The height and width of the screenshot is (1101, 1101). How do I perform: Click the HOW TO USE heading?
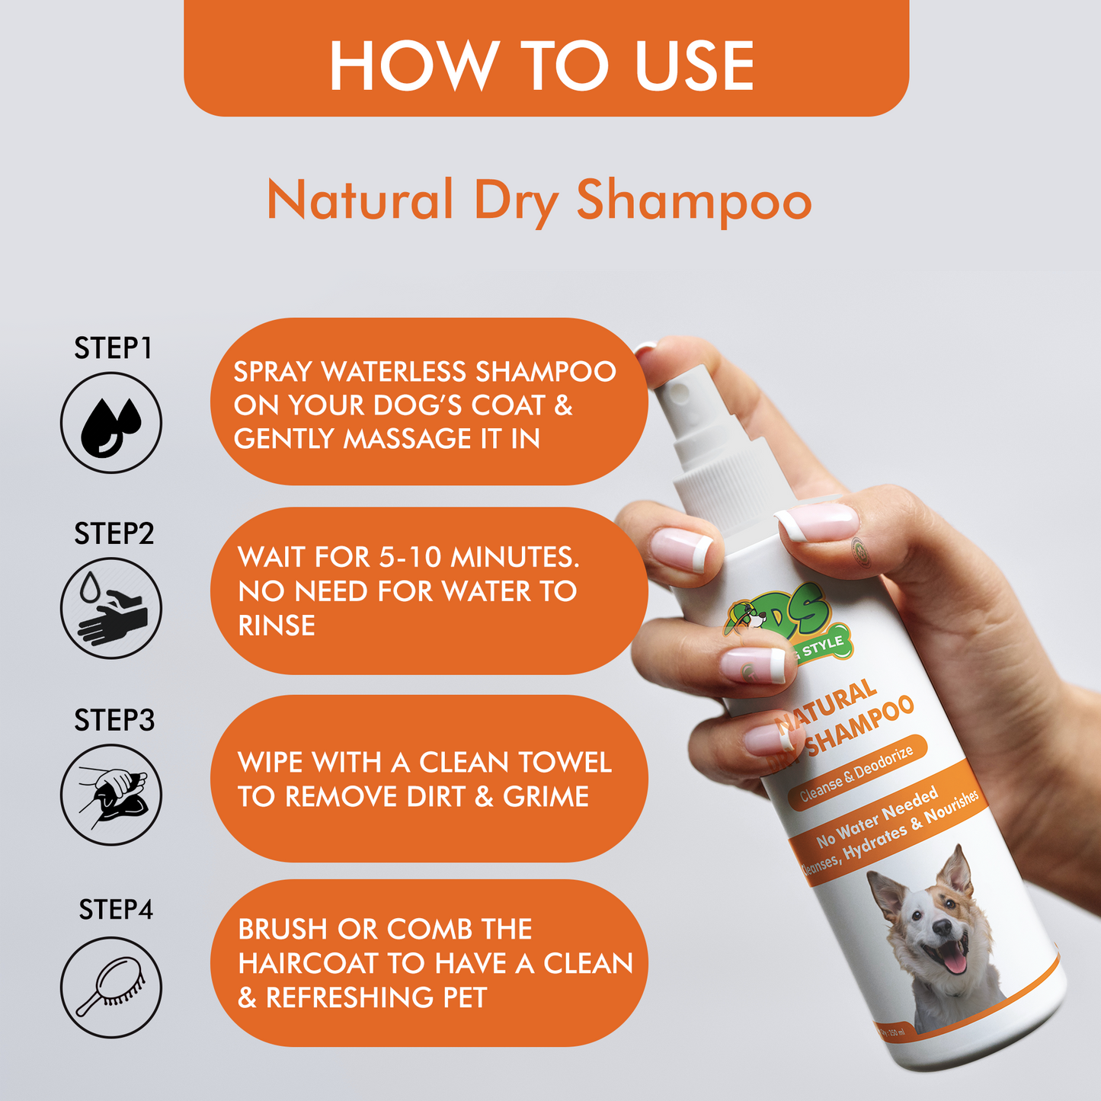pos(542,66)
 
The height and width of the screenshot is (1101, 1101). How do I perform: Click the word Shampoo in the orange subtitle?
pos(693,201)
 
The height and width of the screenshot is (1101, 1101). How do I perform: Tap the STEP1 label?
pos(113,349)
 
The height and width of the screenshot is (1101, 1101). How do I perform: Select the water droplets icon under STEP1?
pos(111,423)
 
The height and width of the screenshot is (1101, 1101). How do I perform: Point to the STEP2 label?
pos(114,534)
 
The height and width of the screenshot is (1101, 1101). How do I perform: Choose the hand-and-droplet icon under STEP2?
pos(111,608)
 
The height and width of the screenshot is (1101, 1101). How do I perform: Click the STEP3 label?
pos(114,720)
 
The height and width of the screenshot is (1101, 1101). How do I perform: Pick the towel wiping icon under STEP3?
pos(111,795)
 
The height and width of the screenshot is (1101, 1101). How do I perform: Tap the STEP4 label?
pos(116,910)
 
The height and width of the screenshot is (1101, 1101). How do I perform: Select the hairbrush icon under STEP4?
pos(111,987)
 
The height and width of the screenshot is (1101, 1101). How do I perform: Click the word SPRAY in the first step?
pos(274,372)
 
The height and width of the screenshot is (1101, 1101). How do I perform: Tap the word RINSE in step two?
pos(277,626)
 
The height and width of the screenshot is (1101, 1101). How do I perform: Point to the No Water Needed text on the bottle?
pos(877,818)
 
